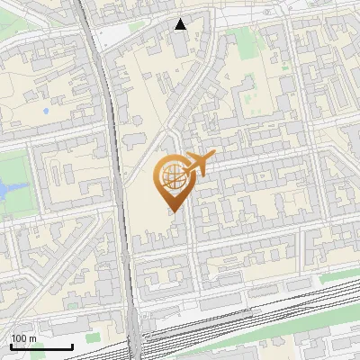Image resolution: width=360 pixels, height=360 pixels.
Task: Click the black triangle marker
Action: coord(181,24)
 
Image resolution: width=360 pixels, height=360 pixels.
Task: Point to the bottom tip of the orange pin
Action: coord(173,212)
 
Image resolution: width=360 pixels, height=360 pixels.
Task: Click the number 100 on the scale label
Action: coord(18,338)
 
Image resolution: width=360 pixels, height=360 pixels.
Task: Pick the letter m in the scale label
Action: coord(32,338)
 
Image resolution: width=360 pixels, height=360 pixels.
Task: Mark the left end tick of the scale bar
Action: coord(11,346)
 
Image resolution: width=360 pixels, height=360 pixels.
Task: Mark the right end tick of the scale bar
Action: coord(72,346)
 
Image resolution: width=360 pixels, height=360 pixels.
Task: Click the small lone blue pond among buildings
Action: coord(45,112)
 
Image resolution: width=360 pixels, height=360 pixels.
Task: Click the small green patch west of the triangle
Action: coord(135,26)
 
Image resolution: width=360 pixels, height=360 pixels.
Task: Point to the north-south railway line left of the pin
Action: coord(118,162)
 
